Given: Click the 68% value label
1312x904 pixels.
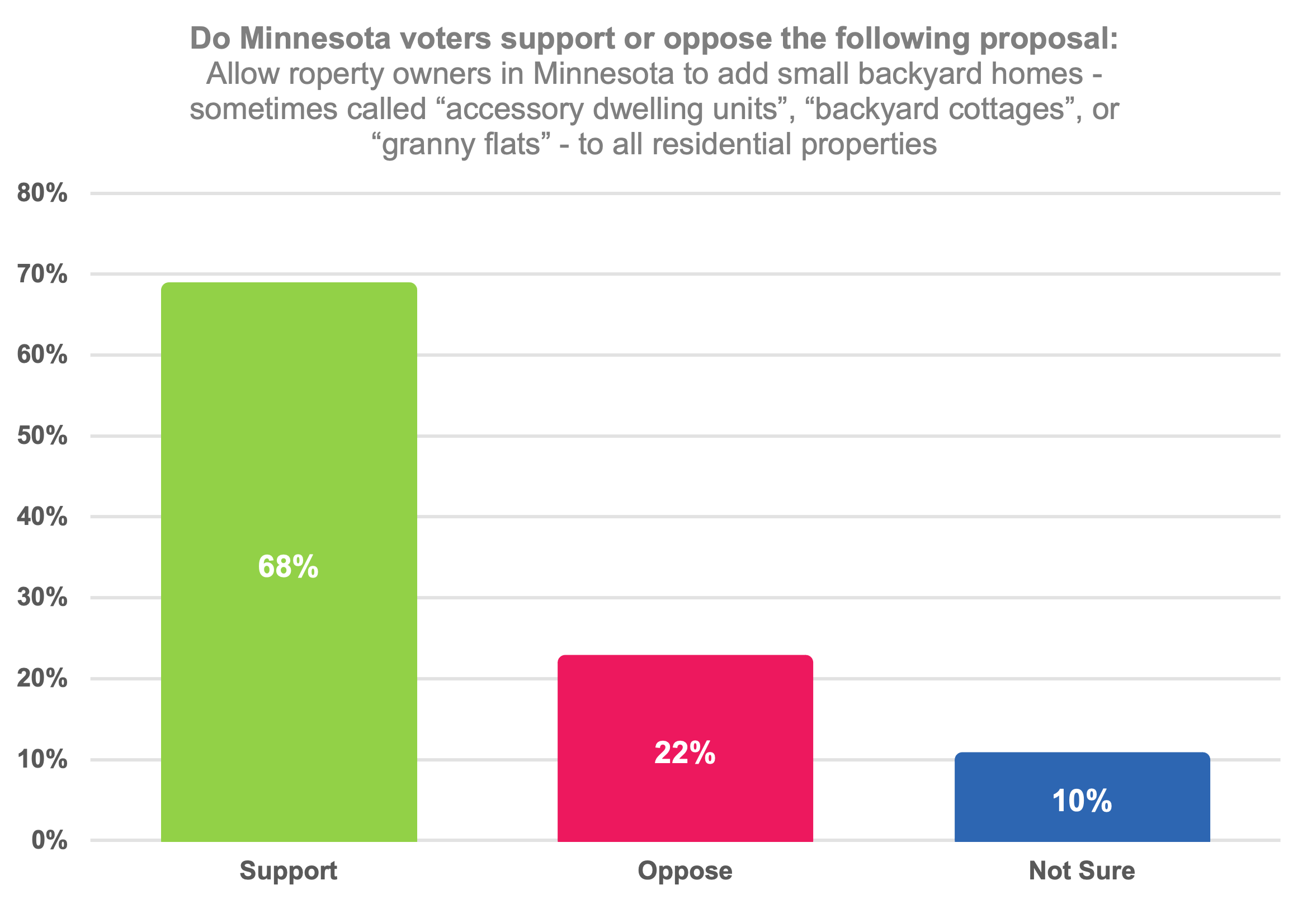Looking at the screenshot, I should click(x=289, y=566).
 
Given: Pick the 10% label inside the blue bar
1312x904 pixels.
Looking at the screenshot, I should click(x=1082, y=801).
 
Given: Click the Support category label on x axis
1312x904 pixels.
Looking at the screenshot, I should click(x=289, y=870).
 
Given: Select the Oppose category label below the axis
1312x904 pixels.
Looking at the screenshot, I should click(x=685, y=870).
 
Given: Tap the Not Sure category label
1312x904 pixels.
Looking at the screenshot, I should click(x=1082, y=870).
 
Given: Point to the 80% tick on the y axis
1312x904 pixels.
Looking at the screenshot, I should click(x=42, y=193).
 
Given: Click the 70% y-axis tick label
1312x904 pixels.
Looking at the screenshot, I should click(x=42, y=274).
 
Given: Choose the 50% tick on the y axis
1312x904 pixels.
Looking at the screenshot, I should click(x=42, y=436).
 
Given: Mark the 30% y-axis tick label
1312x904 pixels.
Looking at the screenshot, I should click(x=42, y=597).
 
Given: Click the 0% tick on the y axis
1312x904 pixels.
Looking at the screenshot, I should click(x=49, y=840).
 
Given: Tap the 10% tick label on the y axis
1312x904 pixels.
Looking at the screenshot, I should click(x=42, y=759).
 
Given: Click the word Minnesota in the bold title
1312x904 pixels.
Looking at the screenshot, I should click(x=315, y=39).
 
